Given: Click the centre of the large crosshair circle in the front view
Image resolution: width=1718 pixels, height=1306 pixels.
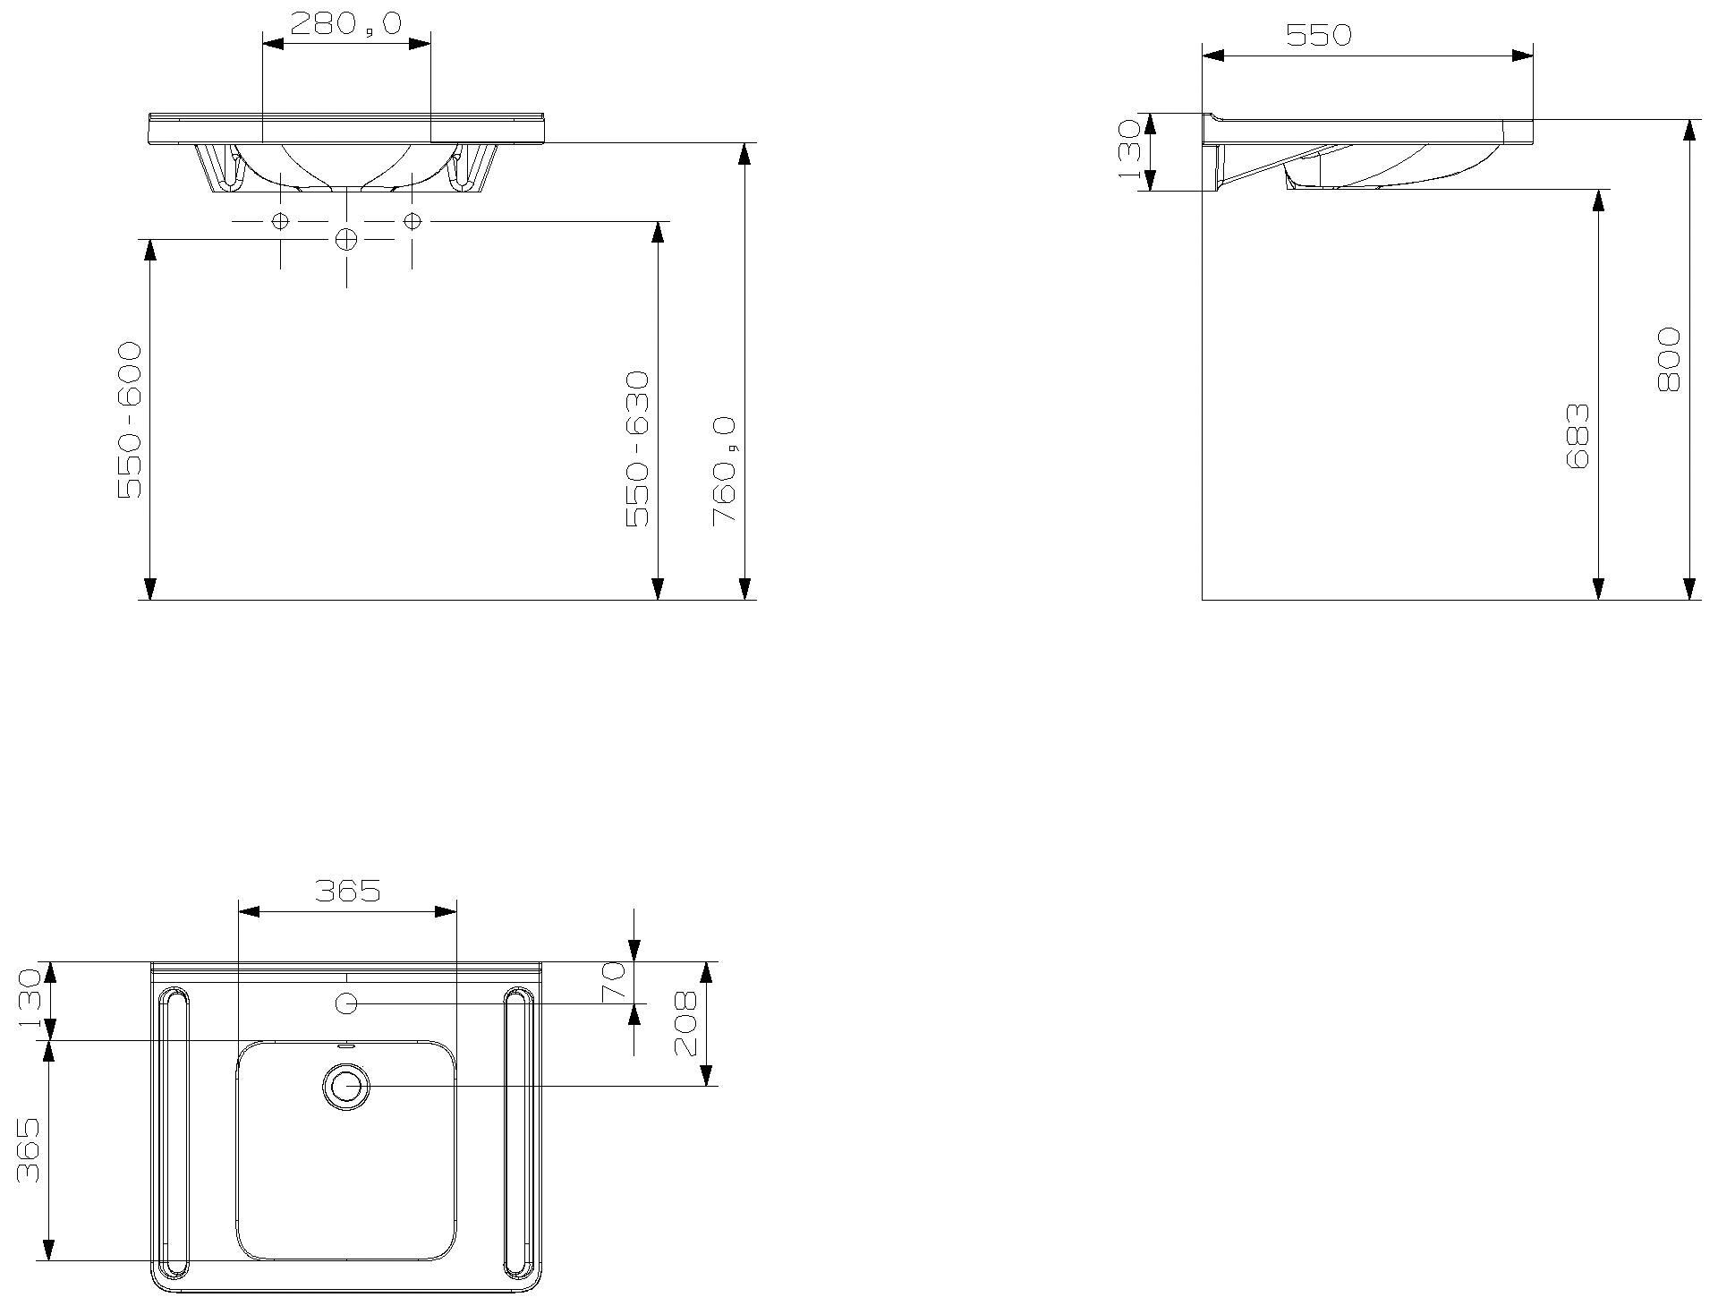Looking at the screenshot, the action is click(x=346, y=239).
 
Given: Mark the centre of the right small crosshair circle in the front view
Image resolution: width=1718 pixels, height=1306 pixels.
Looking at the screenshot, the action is click(x=412, y=221).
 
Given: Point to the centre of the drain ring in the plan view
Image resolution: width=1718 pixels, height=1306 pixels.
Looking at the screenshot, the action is click(x=345, y=1087).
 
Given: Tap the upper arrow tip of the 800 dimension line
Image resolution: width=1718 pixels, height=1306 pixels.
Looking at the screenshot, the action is click(x=1688, y=120).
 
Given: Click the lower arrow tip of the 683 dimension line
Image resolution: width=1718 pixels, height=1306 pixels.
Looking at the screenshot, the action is click(x=1598, y=599).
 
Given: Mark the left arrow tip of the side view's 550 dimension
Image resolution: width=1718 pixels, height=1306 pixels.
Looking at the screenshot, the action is click(x=1203, y=55).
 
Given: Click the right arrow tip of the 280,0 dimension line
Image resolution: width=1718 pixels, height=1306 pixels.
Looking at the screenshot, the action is click(x=430, y=42).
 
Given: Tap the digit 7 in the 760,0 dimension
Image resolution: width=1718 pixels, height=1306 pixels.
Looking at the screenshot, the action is click(x=723, y=516).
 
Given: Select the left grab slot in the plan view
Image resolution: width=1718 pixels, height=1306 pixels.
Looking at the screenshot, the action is click(x=174, y=1131).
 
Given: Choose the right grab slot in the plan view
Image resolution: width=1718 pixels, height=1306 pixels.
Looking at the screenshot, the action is click(x=519, y=1131).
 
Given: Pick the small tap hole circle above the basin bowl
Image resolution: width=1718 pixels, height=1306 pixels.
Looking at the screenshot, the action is click(x=346, y=1003).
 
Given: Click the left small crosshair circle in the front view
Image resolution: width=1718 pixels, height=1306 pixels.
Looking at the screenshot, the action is click(x=280, y=221).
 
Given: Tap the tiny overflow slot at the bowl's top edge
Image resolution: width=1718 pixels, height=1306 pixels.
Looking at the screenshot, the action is click(x=346, y=1044).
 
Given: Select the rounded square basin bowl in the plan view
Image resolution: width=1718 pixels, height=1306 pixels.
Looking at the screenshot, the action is click(x=346, y=1151).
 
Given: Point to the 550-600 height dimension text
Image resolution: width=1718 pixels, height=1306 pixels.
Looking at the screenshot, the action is click(x=130, y=420).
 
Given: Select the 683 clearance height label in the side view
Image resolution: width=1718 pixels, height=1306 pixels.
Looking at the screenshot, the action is click(x=1578, y=436).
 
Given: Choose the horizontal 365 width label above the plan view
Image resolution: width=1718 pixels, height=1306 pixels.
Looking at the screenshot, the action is click(x=348, y=891).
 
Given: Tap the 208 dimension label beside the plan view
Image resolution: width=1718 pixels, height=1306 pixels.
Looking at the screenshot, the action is click(x=685, y=1023).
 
